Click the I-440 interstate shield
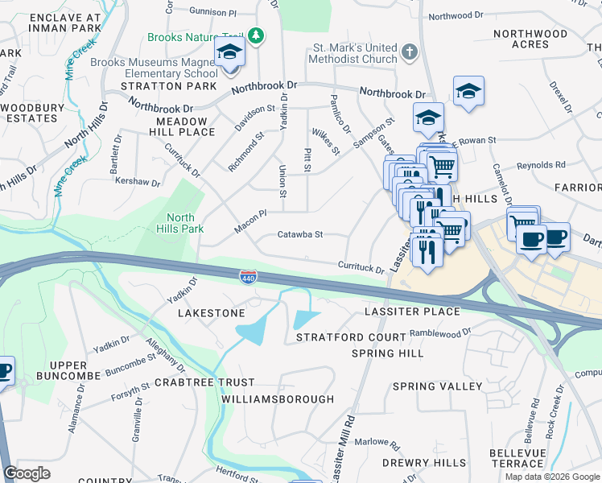click(x=248, y=277)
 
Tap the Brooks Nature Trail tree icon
click(x=256, y=36)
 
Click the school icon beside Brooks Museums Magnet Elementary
click(x=229, y=54)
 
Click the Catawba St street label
click(x=299, y=235)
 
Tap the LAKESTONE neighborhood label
click(x=211, y=312)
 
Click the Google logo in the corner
click(x=27, y=473)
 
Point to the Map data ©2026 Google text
click(x=553, y=477)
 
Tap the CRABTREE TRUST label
click(x=204, y=382)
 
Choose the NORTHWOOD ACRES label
click(x=530, y=39)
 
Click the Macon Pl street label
click(x=249, y=217)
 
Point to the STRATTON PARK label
click(x=168, y=85)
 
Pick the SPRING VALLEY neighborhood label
click(x=437, y=386)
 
